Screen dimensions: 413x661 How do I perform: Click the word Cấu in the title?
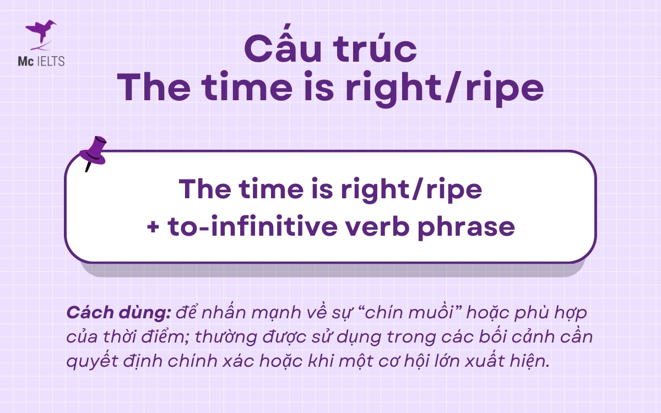(286, 50)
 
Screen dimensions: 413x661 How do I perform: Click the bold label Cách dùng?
(118, 313)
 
